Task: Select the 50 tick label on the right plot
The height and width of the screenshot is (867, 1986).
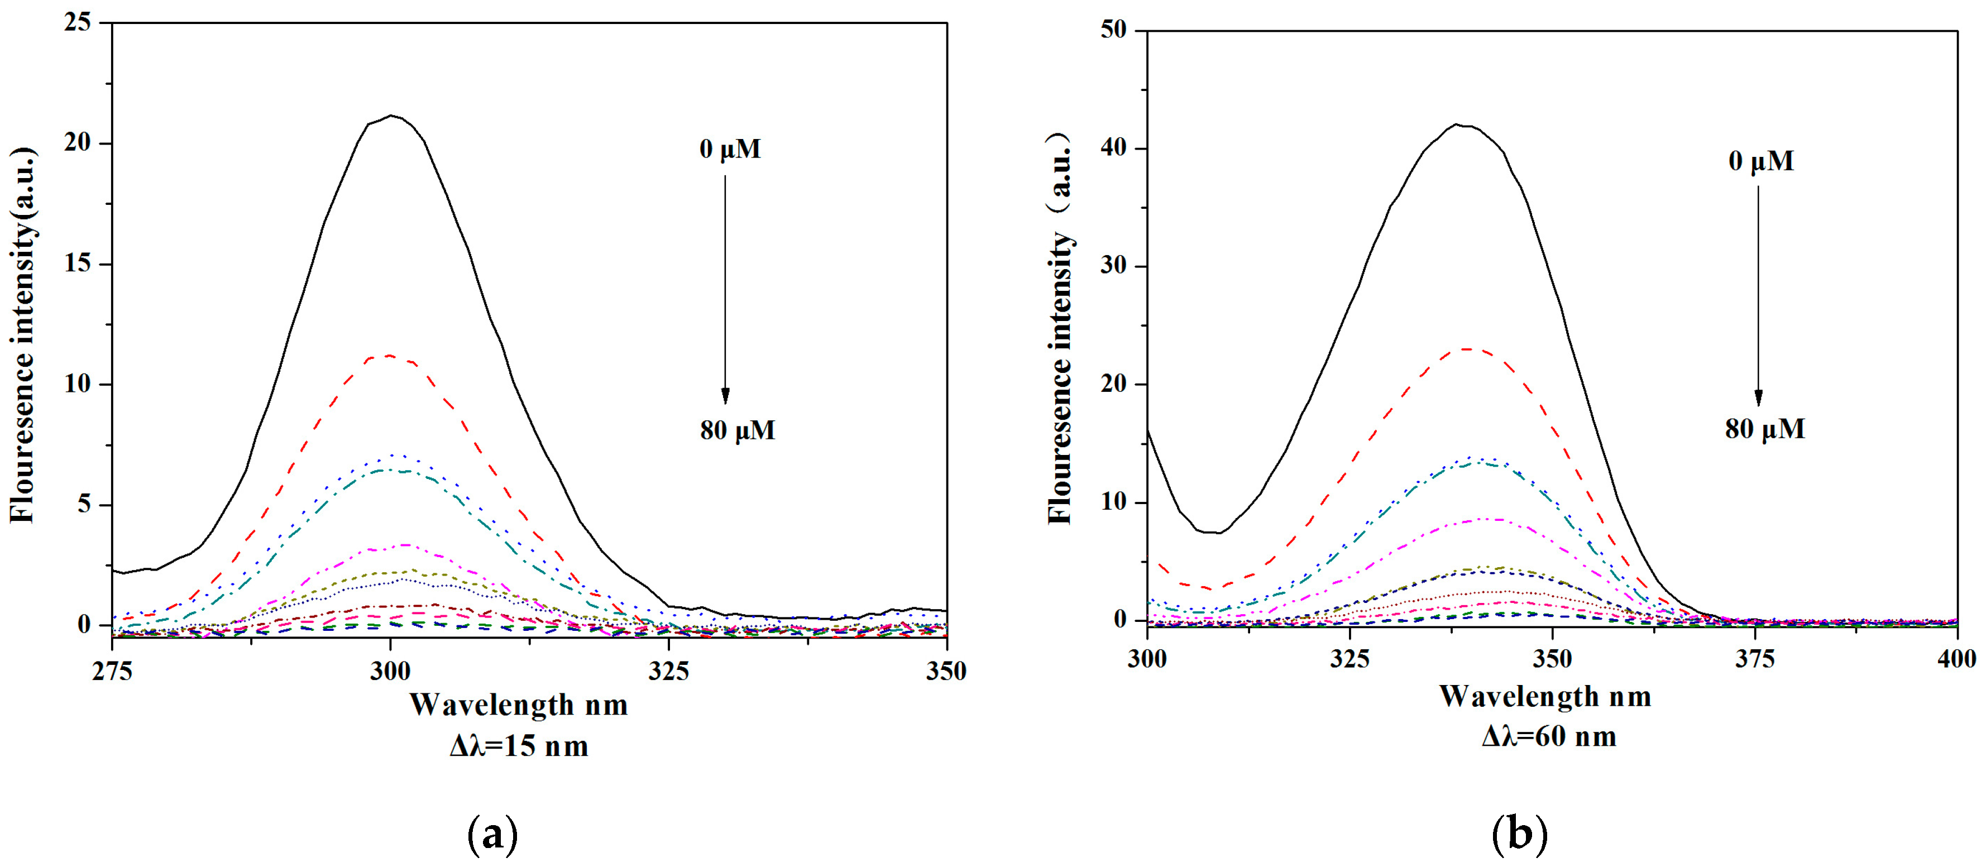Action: (1113, 30)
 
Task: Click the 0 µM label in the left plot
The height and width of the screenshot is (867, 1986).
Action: (729, 149)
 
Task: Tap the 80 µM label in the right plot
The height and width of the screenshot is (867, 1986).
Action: (1765, 429)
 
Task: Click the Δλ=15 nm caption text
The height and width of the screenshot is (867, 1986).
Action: (519, 746)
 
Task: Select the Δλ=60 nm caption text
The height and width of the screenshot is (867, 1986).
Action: (1549, 737)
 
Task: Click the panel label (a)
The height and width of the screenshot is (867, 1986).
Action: (492, 834)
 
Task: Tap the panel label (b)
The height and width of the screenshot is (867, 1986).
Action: (1520, 834)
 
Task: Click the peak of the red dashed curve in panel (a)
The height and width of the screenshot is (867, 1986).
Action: (389, 355)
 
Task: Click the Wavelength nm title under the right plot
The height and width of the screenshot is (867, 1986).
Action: (1545, 697)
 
